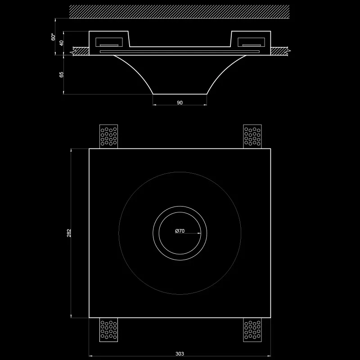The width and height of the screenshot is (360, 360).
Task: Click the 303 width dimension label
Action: click(x=180, y=354)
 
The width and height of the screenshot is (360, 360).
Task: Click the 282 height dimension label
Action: click(x=69, y=233)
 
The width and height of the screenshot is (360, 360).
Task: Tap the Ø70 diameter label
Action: click(x=180, y=231)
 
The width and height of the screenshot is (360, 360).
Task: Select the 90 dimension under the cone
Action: click(x=180, y=103)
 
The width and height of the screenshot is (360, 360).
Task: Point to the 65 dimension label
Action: click(x=61, y=74)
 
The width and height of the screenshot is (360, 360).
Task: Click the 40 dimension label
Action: click(x=61, y=43)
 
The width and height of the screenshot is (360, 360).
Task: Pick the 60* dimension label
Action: click(x=53, y=37)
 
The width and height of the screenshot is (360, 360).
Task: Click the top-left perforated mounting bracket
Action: click(x=108, y=136)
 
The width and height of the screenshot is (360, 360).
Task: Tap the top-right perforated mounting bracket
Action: click(x=252, y=136)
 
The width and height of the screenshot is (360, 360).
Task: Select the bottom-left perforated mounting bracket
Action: click(x=108, y=330)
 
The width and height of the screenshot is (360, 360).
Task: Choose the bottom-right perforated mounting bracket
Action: click(x=252, y=330)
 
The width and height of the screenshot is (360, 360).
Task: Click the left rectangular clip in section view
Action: click(x=109, y=42)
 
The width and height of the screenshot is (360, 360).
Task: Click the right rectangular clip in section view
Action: click(x=251, y=42)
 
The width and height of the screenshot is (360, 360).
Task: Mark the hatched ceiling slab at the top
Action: click(x=179, y=12)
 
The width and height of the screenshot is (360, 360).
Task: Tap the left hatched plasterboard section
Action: click(x=81, y=51)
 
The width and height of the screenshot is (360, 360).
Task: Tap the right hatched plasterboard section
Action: click(x=279, y=51)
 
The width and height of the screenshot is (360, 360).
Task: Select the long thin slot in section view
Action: click(x=180, y=52)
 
